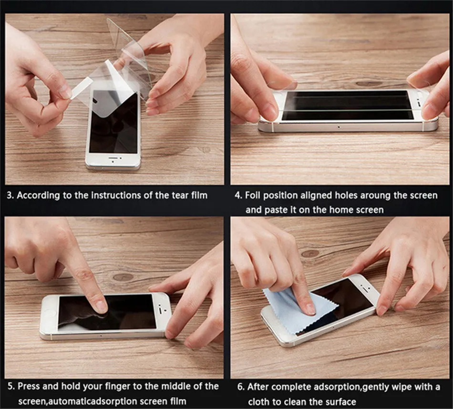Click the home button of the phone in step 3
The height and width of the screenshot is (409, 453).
pyautogui.click(x=113, y=162)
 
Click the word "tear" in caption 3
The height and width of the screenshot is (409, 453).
pyautogui.click(x=180, y=195)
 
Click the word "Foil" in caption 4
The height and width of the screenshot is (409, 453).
pyautogui.click(x=253, y=195)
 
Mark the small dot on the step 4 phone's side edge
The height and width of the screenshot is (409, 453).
pyautogui.click(x=339, y=127)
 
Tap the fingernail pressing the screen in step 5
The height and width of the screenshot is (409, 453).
pyautogui.click(x=101, y=307)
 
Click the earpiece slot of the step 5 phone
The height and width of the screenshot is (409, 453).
pyautogui.click(x=160, y=310)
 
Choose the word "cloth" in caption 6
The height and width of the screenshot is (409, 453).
pyautogui.click(x=259, y=402)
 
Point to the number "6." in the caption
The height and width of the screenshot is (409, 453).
pyautogui.click(x=241, y=387)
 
